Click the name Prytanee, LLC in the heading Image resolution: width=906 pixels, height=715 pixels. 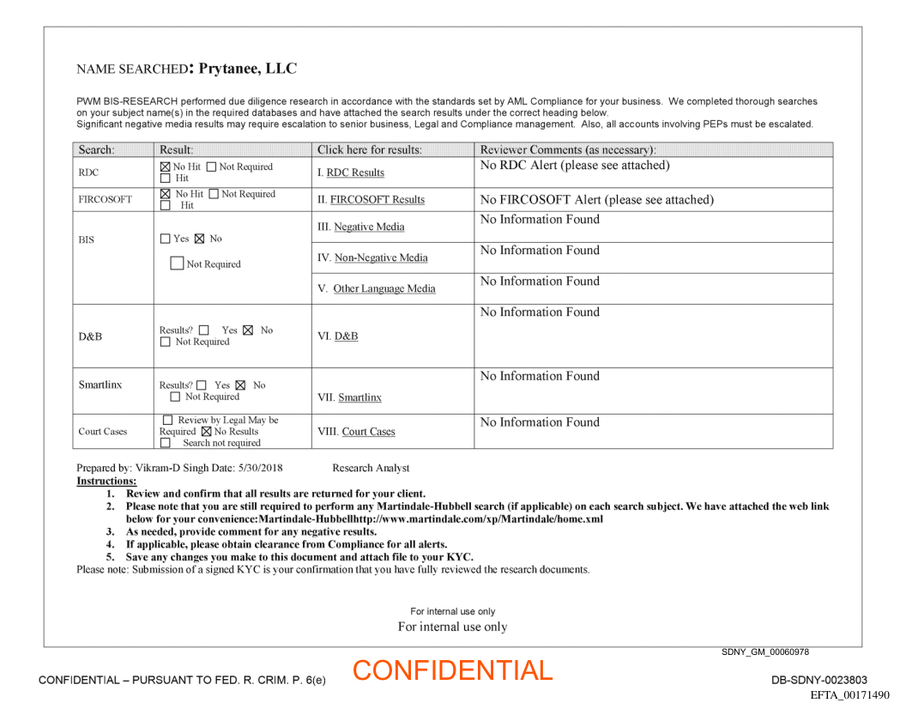tap(248, 69)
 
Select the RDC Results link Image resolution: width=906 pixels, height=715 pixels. tap(355, 173)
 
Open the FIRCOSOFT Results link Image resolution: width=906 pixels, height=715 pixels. tap(377, 200)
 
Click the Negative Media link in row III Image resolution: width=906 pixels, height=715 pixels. tap(369, 227)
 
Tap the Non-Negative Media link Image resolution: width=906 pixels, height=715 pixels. tap(381, 258)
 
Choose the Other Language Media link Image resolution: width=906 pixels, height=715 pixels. tap(384, 289)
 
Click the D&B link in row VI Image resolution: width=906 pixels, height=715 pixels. tap(346, 336)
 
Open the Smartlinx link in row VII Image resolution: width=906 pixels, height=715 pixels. tap(359, 397)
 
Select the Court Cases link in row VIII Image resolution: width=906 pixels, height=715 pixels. tap(368, 432)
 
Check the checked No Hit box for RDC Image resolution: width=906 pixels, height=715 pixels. tap(166, 167)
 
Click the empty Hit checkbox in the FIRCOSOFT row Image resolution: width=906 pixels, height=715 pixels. tap(166, 206)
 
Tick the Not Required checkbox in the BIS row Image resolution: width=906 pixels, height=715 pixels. tap(177, 264)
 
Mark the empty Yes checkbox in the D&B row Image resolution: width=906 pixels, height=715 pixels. tap(203, 330)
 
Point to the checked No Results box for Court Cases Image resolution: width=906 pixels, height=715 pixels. tap(206, 432)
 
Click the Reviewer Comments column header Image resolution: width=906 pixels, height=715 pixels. tap(567, 150)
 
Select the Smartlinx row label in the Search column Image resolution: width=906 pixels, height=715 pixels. tap(100, 385)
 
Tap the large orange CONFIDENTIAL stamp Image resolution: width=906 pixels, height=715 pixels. tap(452, 671)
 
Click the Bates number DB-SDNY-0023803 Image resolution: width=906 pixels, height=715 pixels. tap(819, 680)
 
